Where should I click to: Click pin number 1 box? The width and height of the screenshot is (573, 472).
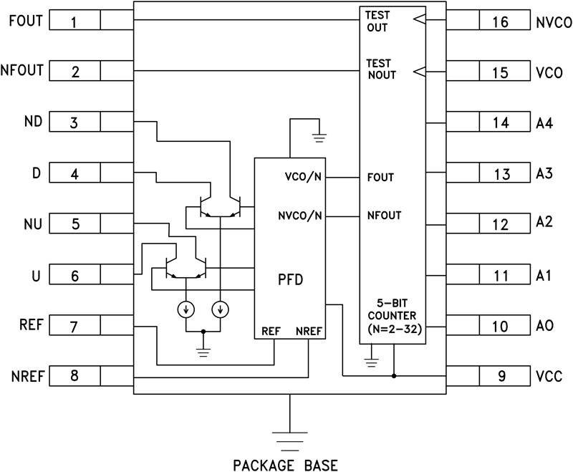coord(74,21)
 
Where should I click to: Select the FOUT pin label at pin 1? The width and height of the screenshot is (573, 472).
coord(25,21)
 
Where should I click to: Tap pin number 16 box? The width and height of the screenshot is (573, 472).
coord(501,23)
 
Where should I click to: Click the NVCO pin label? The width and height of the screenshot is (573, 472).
coord(553,23)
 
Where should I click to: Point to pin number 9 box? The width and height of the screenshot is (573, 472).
coord(501,375)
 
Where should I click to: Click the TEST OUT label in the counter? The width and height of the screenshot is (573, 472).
coord(377,21)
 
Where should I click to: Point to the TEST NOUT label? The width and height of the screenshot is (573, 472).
coord(380,69)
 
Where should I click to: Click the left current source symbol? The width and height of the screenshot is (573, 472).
coord(186,309)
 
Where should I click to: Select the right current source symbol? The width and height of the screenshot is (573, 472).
coord(221,309)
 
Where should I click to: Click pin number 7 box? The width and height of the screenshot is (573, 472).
coord(74,327)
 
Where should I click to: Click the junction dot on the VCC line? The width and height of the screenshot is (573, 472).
coord(393,375)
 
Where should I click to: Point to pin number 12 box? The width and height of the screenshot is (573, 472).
coord(501,223)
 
